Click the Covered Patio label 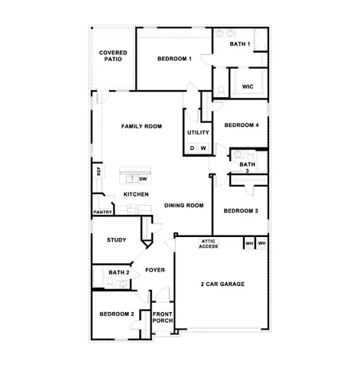[x=113, y=57]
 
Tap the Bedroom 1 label [x=174, y=59]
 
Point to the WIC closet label [x=248, y=87]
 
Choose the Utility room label [x=198, y=133]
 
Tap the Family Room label [x=142, y=125]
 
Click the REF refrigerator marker [x=99, y=171]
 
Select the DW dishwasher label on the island [x=143, y=179]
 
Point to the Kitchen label [x=136, y=194]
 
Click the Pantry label [x=102, y=212]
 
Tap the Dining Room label [x=183, y=205]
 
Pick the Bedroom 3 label [x=241, y=210]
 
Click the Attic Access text [x=209, y=244]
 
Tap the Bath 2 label [x=118, y=272]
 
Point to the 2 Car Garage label [x=222, y=284]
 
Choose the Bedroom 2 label [x=117, y=313]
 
